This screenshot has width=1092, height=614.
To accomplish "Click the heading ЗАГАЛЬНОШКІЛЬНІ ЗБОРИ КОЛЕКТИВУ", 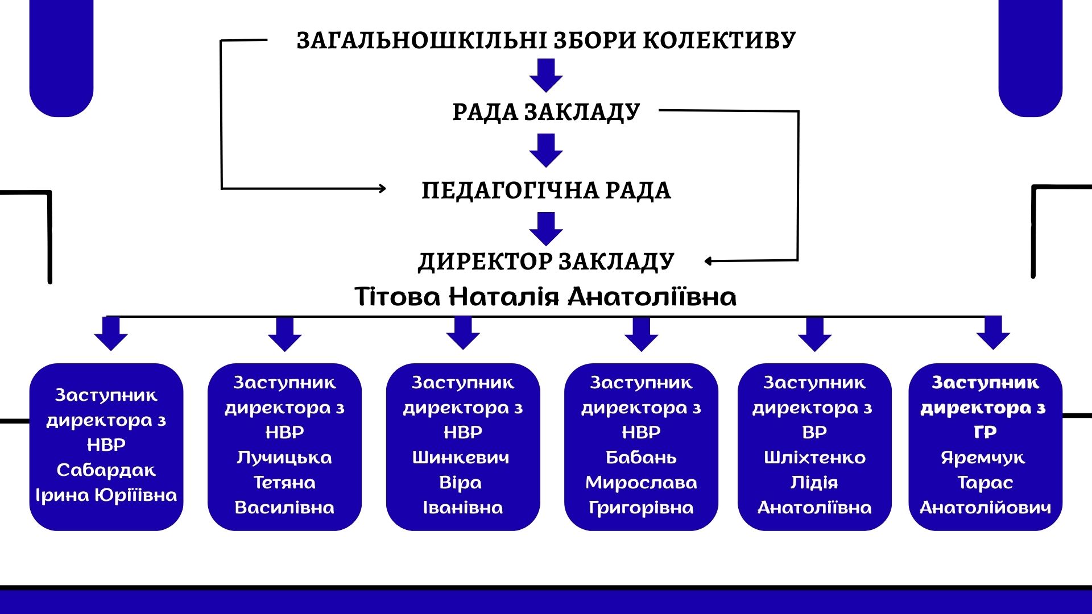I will pyautogui.click(x=546, y=40).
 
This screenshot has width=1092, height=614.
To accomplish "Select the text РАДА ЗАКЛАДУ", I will pyautogui.click(x=546, y=111).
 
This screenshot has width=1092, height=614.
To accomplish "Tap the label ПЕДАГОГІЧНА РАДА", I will pyautogui.click(x=546, y=190).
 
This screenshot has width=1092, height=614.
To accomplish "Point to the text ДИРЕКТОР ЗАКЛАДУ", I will pyautogui.click(x=546, y=262).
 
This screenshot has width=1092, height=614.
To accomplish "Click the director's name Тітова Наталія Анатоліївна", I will pyautogui.click(x=546, y=297).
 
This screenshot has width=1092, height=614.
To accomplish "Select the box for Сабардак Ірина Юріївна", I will pyautogui.click(x=106, y=447).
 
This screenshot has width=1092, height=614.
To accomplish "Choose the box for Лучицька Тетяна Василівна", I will pyautogui.click(x=284, y=447).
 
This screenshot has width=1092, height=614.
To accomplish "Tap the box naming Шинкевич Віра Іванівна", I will pyautogui.click(x=463, y=447).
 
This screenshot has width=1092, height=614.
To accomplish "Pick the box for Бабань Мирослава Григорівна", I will pyautogui.click(x=641, y=447).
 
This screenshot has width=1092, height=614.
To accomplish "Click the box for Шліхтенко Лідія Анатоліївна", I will pyautogui.click(x=814, y=447).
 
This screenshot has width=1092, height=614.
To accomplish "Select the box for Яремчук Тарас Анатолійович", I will pyautogui.click(x=985, y=447).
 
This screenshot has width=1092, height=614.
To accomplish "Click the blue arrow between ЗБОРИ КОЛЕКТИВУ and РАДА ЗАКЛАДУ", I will pyautogui.click(x=546, y=75).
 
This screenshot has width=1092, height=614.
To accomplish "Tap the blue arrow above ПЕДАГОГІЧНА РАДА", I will pyautogui.click(x=546, y=150).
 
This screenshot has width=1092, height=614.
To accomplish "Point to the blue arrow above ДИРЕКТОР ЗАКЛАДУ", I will pyautogui.click(x=546, y=228).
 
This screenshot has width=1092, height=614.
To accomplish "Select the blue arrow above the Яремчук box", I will pyautogui.click(x=993, y=333).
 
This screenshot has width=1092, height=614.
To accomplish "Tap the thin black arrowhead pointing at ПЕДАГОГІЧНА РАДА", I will pyautogui.click(x=382, y=188).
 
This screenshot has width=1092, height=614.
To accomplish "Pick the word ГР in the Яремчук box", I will pyautogui.click(x=985, y=433).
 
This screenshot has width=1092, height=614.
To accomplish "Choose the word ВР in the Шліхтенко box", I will pyautogui.click(x=814, y=433).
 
